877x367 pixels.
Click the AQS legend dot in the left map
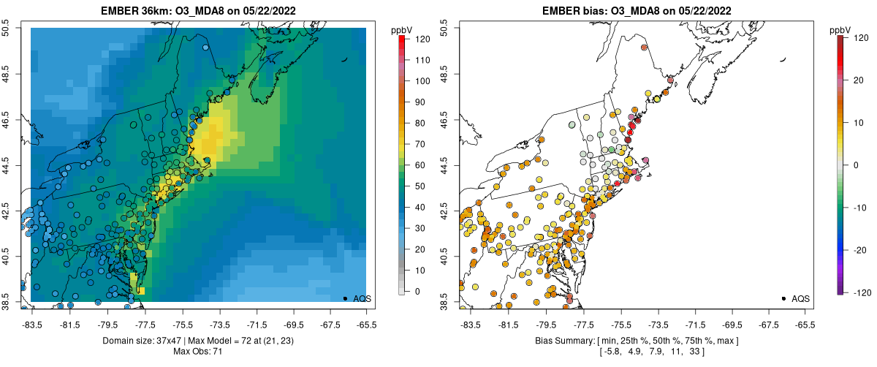[x=344, y=298]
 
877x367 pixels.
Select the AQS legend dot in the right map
[x=783, y=298]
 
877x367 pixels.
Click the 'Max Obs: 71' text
[x=200, y=352]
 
